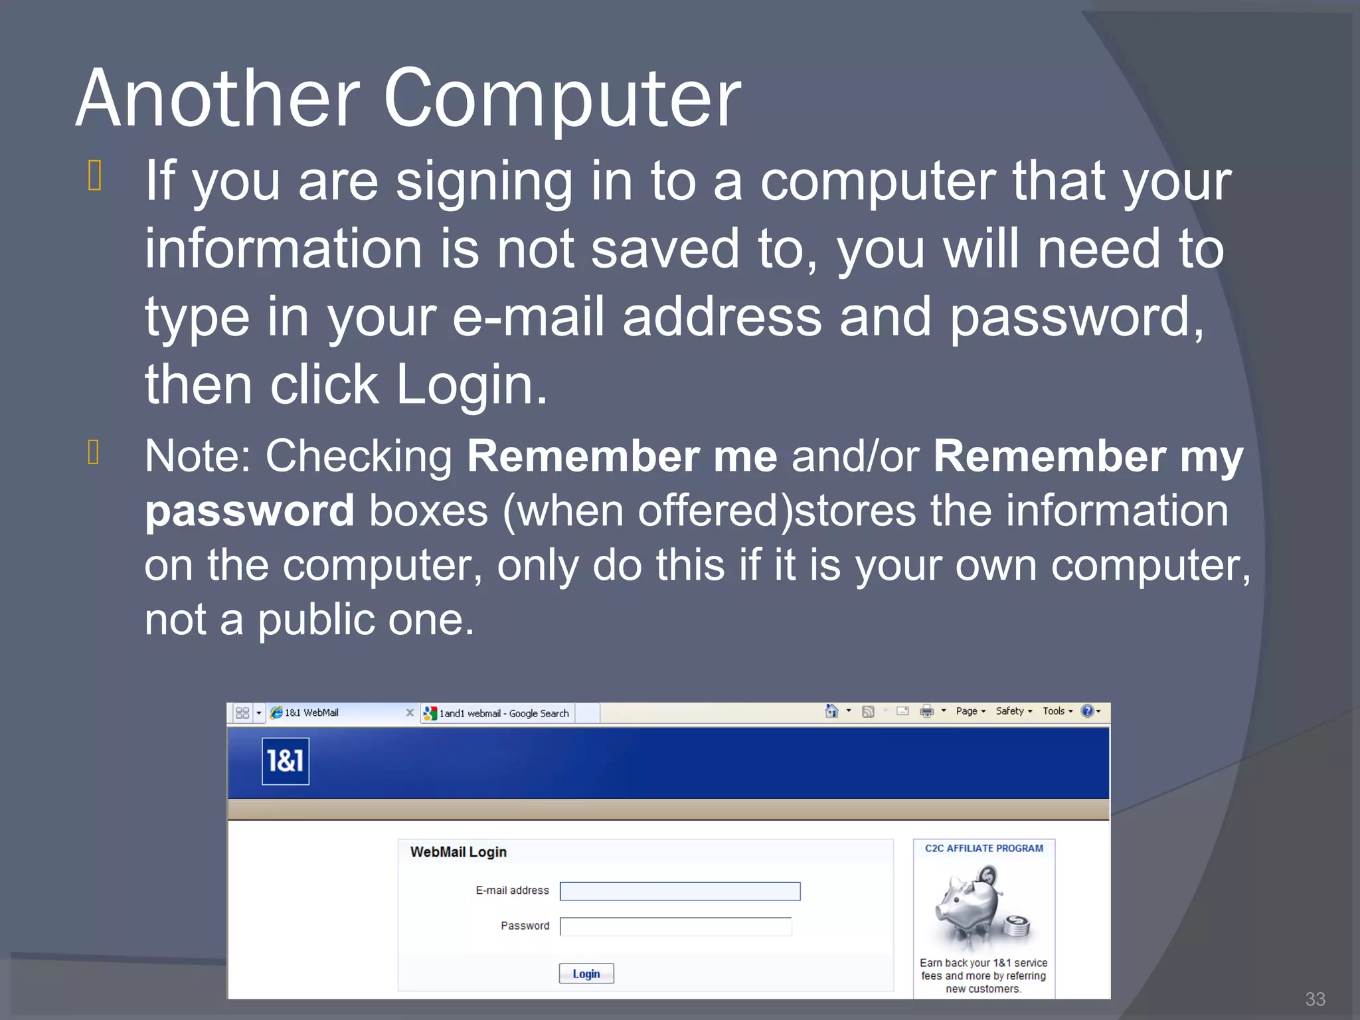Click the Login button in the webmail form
click(x=586, y=974)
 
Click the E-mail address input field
click(x=679, y=891)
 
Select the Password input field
click(x=675, y=926)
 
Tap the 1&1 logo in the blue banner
click(x=286, y=761)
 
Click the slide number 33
click(x=1315, y=999)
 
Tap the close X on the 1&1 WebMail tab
click(x=410, y=713)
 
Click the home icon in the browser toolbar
click(x=831, y=711)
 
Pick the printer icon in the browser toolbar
click(x=926, y=711)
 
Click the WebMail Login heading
click(x=458, y=852)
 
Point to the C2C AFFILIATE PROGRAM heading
click(x=983, y=849)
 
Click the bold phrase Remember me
click(x=622, y=456)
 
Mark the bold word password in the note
click(x=250, y=511)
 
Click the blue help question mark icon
click(x=1087, y=711)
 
